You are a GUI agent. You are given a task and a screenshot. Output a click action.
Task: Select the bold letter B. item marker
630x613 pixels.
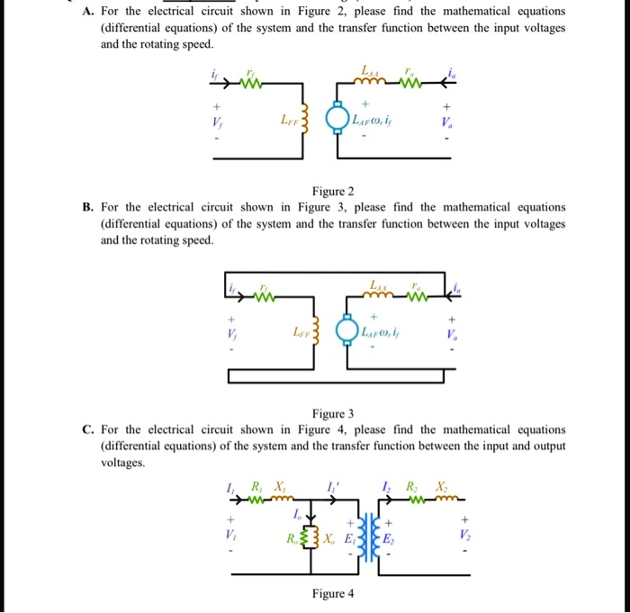pos(87,207)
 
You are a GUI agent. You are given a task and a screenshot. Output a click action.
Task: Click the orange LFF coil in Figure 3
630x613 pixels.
pos(315,330)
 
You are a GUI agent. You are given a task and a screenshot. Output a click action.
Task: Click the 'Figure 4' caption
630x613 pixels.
pos(332,593)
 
